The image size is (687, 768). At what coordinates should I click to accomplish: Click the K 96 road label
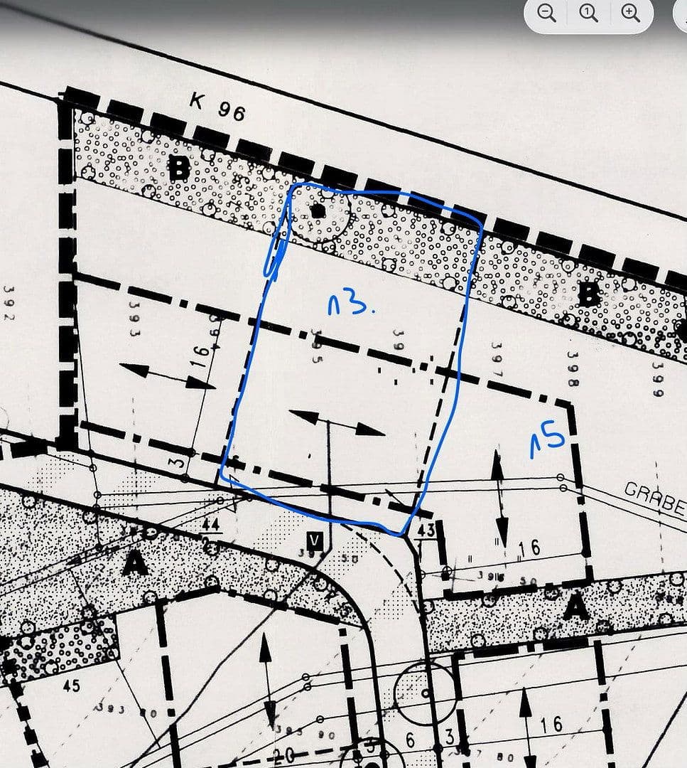point(217,106)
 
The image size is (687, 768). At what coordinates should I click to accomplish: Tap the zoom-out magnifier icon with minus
point(546,14)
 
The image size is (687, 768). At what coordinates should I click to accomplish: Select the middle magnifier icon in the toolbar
point(588,14)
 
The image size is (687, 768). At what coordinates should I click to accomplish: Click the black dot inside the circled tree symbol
point(318,210)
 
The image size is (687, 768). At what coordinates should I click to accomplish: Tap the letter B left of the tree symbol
point(179,169)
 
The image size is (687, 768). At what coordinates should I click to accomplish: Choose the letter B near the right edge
point(589,294)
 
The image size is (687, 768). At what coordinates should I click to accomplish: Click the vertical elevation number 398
point(573,368)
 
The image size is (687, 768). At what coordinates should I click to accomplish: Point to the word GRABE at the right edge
point(654,498)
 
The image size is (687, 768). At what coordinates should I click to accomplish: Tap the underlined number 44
point(210,526)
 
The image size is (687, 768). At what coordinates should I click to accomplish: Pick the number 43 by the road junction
point(426,530)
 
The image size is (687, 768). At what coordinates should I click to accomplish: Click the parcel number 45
point(71,686)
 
